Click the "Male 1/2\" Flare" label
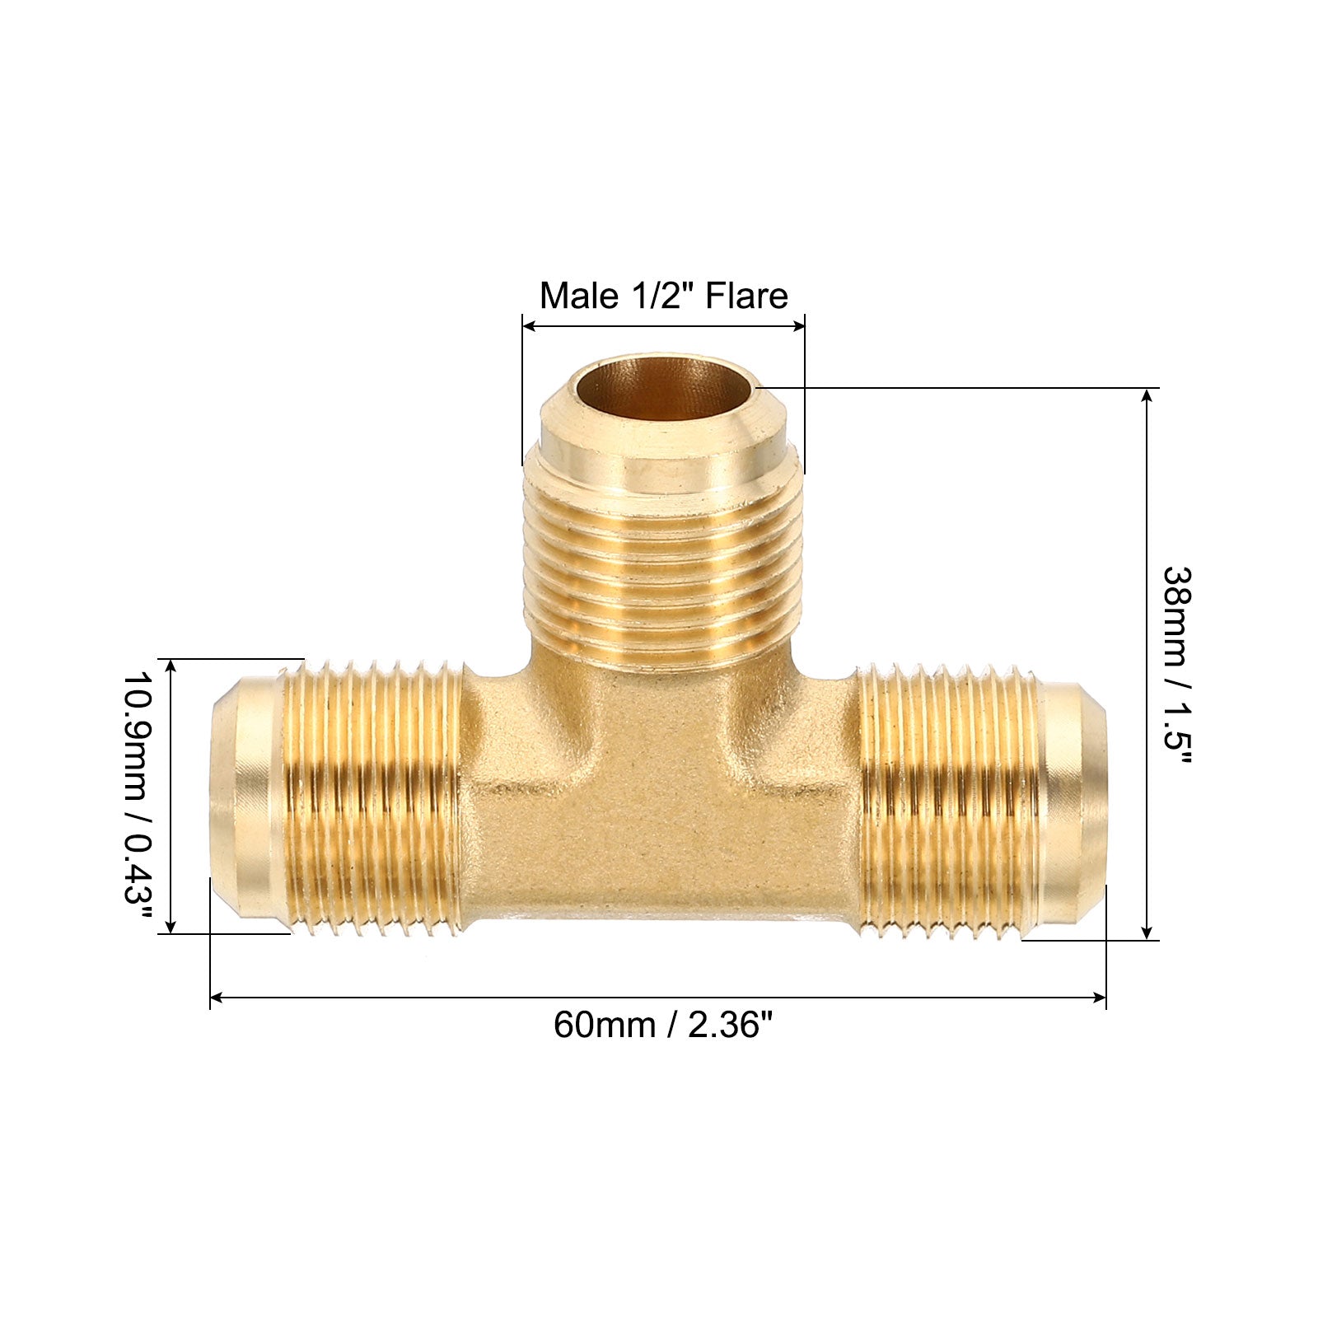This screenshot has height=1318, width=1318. (664, 296)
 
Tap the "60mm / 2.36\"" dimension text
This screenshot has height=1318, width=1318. (664, 1026)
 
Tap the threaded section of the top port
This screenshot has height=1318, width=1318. (663, 560)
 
